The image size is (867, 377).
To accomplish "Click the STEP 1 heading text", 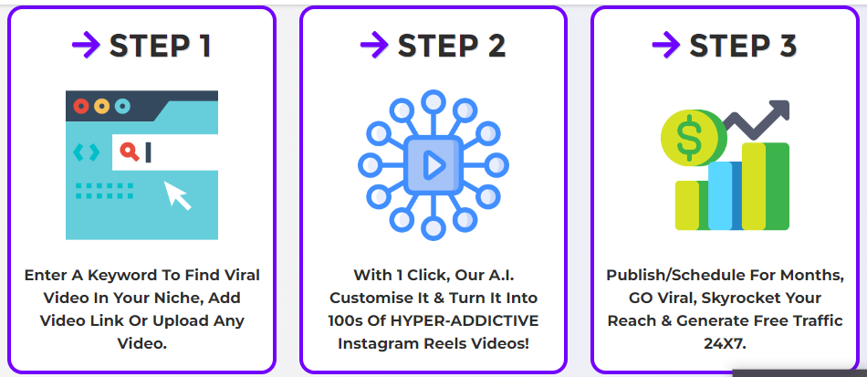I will point(161,46).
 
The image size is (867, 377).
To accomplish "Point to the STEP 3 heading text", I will point(743,46).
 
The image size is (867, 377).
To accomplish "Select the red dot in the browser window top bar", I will point(81,106).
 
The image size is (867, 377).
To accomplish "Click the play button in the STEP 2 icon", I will point(433,165).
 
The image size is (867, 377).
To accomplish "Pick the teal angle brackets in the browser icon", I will point(87,152).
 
